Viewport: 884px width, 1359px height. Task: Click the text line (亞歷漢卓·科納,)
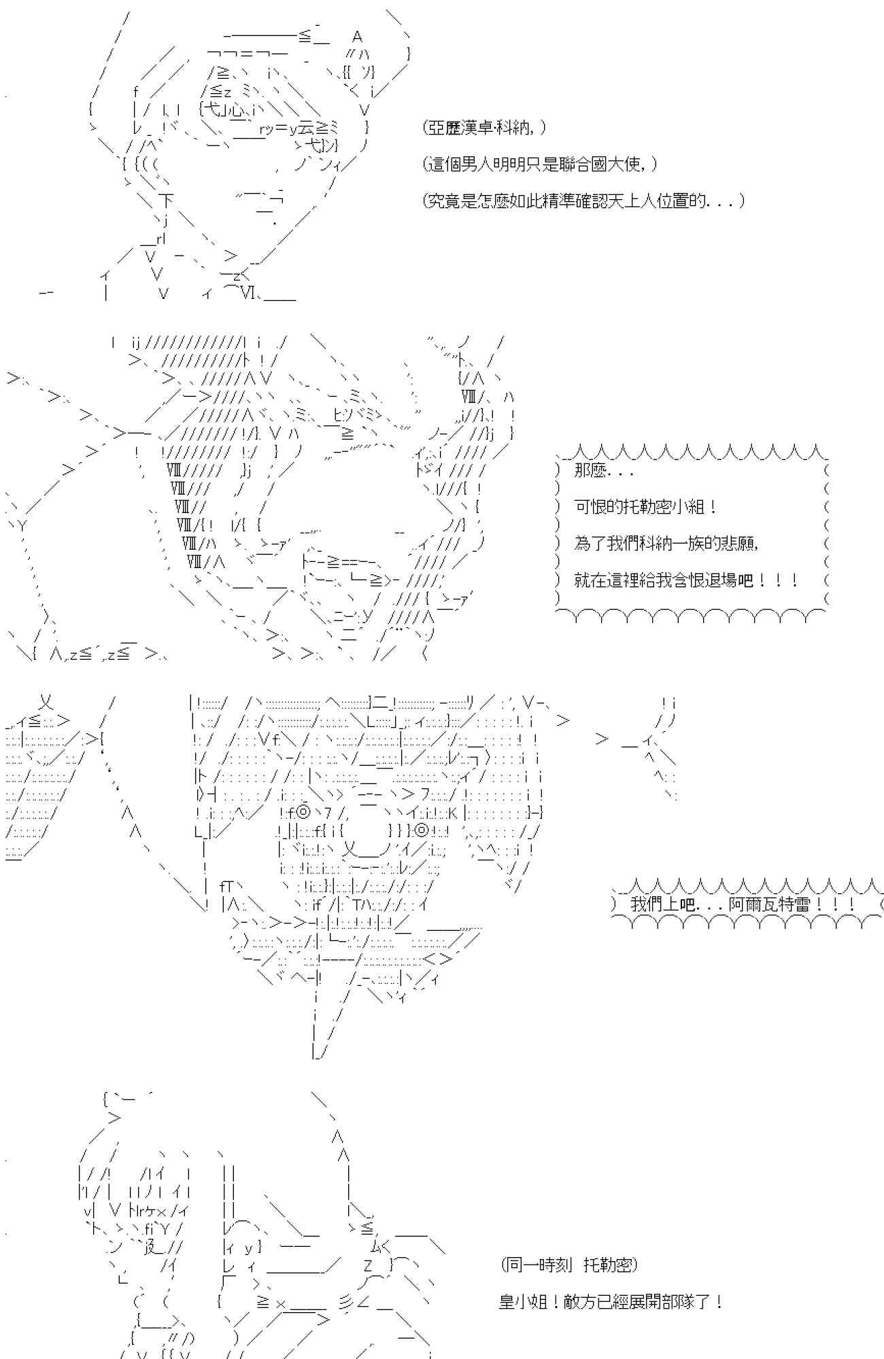coord(483,127)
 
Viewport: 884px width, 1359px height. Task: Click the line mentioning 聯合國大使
coord(540,164)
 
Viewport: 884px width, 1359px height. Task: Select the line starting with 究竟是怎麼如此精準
coord(583,200)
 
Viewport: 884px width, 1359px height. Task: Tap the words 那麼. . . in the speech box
coord(603,471)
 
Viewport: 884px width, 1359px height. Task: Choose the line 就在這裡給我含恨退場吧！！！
coord(685,580)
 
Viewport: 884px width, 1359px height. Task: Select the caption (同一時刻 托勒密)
coord(568,1265)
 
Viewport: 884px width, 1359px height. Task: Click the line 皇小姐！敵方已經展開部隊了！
coord(611,1301)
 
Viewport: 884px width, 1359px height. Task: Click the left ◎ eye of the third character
coord(304,811)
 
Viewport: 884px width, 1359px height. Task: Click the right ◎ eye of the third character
coord(422,830)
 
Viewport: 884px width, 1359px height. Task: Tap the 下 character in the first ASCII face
coord(167,200)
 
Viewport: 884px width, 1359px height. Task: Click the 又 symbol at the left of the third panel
coord(46,701)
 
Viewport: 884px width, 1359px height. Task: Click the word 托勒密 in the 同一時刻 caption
coord(607,1265)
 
